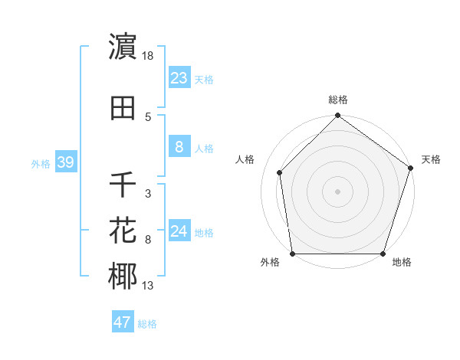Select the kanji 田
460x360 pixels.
coord(123,108)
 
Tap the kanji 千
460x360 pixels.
coord(123,185)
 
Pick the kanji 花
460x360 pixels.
coord(123,231)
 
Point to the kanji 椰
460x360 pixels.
coord(123,277)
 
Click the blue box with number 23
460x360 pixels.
coord(179,78)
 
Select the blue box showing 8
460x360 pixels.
coord(179,147)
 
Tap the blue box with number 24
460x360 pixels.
coord(179,231)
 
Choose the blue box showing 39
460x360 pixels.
coord(65,163)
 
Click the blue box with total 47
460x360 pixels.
coord(123,322)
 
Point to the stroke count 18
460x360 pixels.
coord(149,55)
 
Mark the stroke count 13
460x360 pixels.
coord(148,286)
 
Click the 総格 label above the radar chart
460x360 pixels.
coord(338,100)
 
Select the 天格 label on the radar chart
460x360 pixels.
coord(431,159)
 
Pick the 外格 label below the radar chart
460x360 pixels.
coord(270,263)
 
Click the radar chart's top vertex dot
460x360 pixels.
coord(338,116)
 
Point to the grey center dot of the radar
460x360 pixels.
coord(338,191)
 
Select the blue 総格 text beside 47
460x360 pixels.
coord(147,324)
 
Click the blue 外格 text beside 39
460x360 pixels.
coord(41,164)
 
